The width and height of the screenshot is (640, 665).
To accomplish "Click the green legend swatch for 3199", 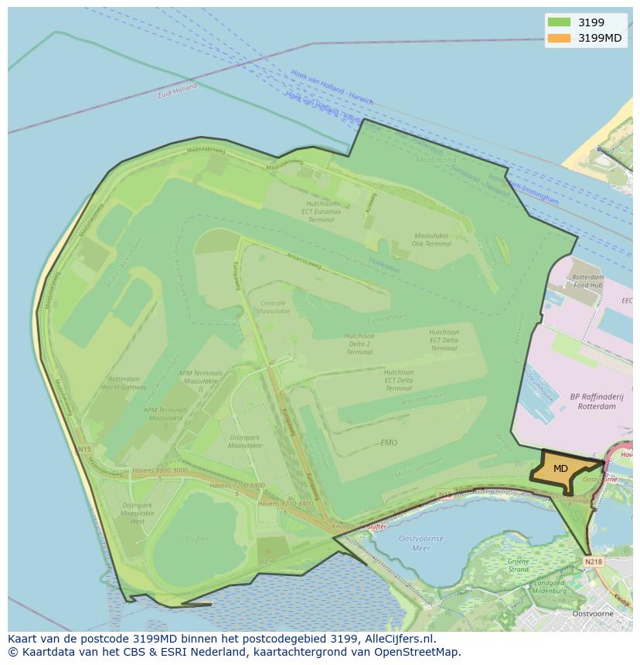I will (558, 22).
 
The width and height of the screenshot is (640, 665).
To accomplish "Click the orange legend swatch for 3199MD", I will (558, 38).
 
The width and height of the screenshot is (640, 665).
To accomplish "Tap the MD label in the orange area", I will (560, 469).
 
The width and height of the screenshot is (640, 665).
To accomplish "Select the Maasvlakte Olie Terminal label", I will (432, 239).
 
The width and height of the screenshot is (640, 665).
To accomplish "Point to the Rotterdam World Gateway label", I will (124, 383).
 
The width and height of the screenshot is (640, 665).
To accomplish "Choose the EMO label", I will (389, 443).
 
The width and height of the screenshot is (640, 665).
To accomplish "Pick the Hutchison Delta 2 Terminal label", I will (359, 344).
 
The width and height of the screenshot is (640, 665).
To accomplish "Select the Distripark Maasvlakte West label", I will (138, 513).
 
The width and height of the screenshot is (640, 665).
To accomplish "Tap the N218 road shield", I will (593, 562).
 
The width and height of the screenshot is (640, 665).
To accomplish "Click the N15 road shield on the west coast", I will (84, 449).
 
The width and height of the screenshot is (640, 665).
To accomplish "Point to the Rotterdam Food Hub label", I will (587, 281).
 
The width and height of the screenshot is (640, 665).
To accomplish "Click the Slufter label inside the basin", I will (197, 539).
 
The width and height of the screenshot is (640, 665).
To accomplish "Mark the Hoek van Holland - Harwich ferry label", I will (332, 87).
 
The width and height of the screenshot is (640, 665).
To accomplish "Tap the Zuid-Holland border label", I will (177, 91).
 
